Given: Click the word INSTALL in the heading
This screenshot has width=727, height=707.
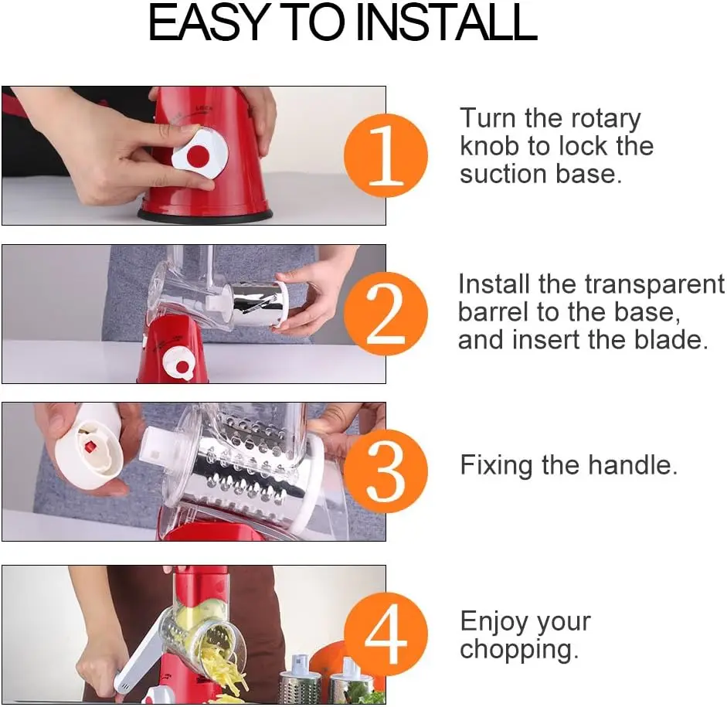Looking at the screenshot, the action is coord(446,22).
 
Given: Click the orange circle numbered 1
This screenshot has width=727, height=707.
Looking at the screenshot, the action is coord(386,155).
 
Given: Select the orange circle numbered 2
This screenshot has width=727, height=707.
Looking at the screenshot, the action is coord(386,314).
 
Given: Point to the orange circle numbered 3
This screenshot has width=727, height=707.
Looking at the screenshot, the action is coord(386,471).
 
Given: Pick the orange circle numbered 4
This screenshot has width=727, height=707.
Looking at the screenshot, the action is coord(386,634).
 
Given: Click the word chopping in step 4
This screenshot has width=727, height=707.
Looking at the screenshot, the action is coord(519,651).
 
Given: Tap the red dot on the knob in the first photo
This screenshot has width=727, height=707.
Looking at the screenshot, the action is coord(197,156).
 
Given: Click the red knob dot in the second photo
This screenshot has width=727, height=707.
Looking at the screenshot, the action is coord(182,367).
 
